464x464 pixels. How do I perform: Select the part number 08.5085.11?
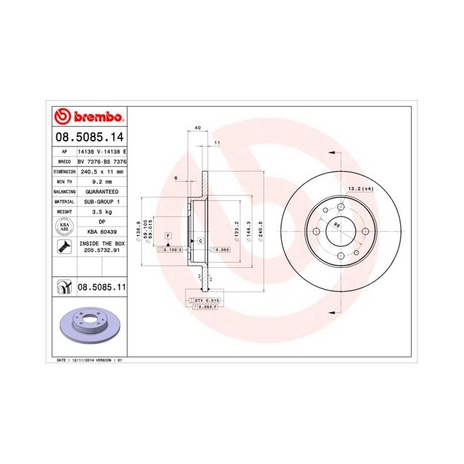(x=102, y=287)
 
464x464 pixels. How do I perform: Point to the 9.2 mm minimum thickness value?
(x=102, y=181)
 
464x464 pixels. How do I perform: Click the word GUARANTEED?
(x=102, y=191)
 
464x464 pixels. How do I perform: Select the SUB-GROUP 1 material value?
(x=102, y=201)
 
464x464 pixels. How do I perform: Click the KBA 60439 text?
(x=102, y=232)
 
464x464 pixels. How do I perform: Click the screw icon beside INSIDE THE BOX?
(x=64, y=247)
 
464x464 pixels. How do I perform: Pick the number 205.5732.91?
(x=102, y=251)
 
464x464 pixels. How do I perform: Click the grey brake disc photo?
(x=89, y=325)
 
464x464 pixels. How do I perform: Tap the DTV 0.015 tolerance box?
(x=213, y=300)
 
